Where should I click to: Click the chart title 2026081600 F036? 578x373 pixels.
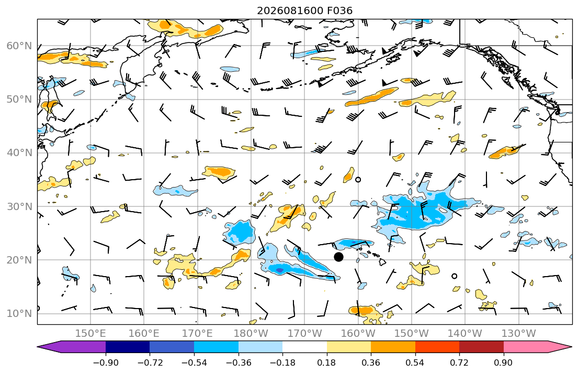[x=304, y=10]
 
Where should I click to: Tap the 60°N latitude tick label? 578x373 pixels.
[x=19, y=46]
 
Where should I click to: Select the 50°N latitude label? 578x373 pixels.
[x=19, y=100]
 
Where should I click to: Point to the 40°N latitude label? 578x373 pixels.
[x=19, y=152]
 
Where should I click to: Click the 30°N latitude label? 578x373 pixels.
[x=19, y=206]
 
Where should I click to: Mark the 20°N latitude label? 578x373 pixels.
[x=19, y=260]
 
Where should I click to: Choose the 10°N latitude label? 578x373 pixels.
[x=19, y=313]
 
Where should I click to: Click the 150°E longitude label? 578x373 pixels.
[x=90, y=334]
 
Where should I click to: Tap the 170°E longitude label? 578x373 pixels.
[x=197, y=334]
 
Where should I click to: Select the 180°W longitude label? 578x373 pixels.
[x=251, y=334]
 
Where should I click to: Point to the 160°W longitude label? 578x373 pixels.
[x=358, y=334]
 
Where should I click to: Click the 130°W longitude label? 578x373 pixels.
[x=519, y=334]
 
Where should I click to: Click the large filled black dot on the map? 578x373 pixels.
[x=338, y=257]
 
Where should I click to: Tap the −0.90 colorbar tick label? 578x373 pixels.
[x=106, y=363]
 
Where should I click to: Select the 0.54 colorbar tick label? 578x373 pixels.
[x=415, y=363]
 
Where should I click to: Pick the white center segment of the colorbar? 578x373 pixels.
[x=304, y=347]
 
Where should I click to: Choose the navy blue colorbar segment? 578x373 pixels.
[x=128, y=347]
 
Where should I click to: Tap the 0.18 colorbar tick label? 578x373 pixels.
[x=326, y=363]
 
